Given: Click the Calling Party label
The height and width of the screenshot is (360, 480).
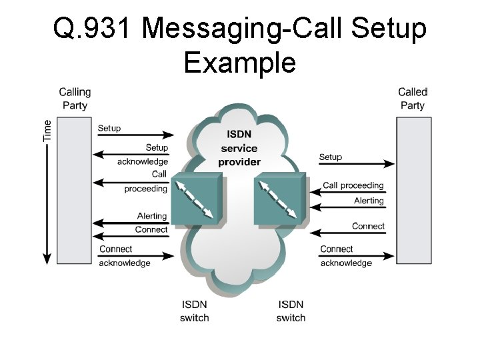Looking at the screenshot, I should pos(75,98).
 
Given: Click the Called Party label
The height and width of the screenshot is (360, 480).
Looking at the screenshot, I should pos(412,98).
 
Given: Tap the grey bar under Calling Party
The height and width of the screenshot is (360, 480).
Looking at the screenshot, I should pos(73,190).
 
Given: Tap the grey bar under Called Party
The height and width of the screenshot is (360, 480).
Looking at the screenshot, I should pos(413,190).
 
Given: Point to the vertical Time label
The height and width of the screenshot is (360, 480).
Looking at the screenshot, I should pos(47,130).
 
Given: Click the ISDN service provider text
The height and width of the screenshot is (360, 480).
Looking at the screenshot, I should pos(240,148).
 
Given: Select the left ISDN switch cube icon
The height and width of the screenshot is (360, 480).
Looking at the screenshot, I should pos(197,198).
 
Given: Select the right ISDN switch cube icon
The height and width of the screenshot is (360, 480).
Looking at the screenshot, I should pos(280,198).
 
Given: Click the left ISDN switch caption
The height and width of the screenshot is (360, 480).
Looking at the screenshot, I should pos(194,311).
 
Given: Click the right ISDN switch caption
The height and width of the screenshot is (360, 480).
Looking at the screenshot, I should pos(291,311).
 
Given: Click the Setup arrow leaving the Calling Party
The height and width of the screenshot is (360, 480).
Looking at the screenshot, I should pos(133,135).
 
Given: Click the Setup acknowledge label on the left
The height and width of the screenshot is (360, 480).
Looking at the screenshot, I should pos(144,155).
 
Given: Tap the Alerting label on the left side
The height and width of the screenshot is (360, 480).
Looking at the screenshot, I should pos(152,216).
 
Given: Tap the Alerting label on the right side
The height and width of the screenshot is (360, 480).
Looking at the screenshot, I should pos(369,201).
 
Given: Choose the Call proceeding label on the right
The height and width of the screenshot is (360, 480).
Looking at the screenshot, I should pos(353,185).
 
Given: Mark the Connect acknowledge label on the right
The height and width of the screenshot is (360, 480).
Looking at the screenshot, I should pos(345,257).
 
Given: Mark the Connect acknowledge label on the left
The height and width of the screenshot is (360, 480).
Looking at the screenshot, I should pos(125,257).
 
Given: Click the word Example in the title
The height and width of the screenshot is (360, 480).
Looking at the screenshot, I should pos(239,63).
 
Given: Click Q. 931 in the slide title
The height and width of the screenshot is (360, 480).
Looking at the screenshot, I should pos(93,29).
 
